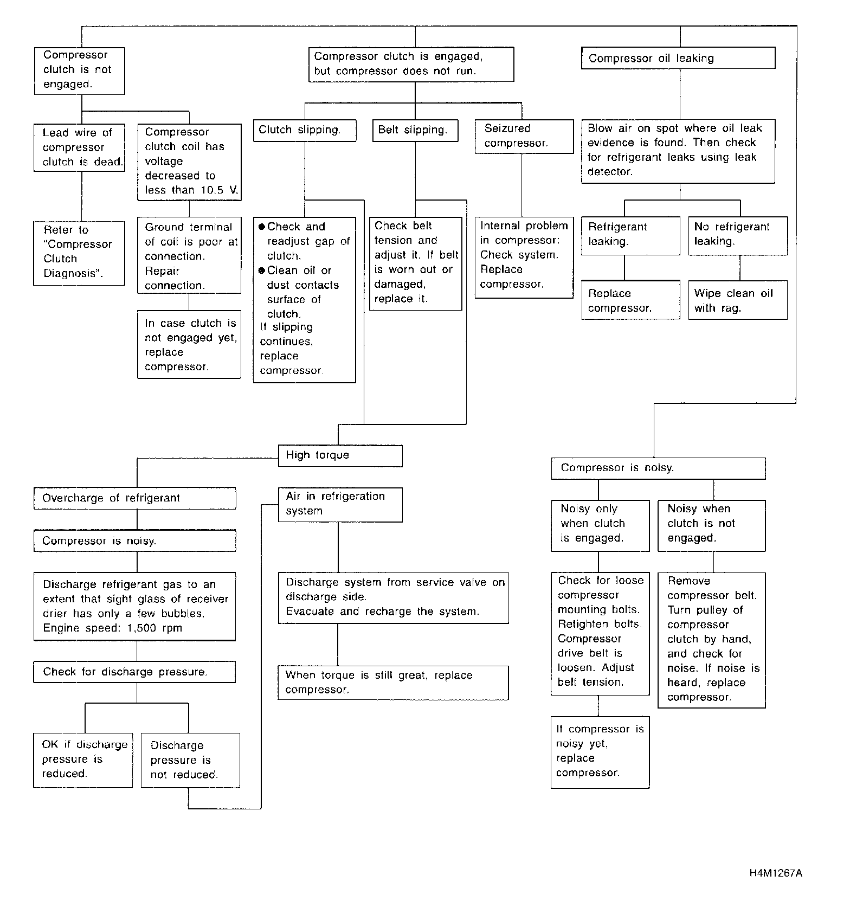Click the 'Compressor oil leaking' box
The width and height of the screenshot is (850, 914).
[x=678, y=58]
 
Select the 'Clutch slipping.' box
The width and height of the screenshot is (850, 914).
[x=305, y=130]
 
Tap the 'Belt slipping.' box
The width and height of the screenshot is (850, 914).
[x=415, y=130]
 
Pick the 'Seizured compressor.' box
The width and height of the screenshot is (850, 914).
[x=524, y=136]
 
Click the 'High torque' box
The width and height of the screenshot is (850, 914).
[x=340, y=455]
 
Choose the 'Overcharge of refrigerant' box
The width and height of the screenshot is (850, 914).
[x=134, y=498]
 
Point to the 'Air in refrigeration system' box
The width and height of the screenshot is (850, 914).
[x=340, y=504]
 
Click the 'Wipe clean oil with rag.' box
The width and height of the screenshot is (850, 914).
[x=737, y=300]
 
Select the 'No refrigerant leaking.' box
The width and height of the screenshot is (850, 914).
[x=737, y=235]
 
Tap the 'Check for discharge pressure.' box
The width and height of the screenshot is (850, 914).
[x=134, y=672]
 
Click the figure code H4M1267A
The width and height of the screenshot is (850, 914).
[x=776, y=873]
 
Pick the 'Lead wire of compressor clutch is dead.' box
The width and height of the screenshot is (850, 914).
[x=79, y=147]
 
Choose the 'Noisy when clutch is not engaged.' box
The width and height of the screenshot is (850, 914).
[x=711, y=524]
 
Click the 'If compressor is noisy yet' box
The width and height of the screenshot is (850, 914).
[x=600, y=752]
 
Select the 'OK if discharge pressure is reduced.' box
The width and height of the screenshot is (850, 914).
[x=83, y=759]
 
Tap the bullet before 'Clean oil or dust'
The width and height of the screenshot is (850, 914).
[x=262, y=271]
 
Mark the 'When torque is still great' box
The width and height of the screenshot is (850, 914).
[x=393, y=683]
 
